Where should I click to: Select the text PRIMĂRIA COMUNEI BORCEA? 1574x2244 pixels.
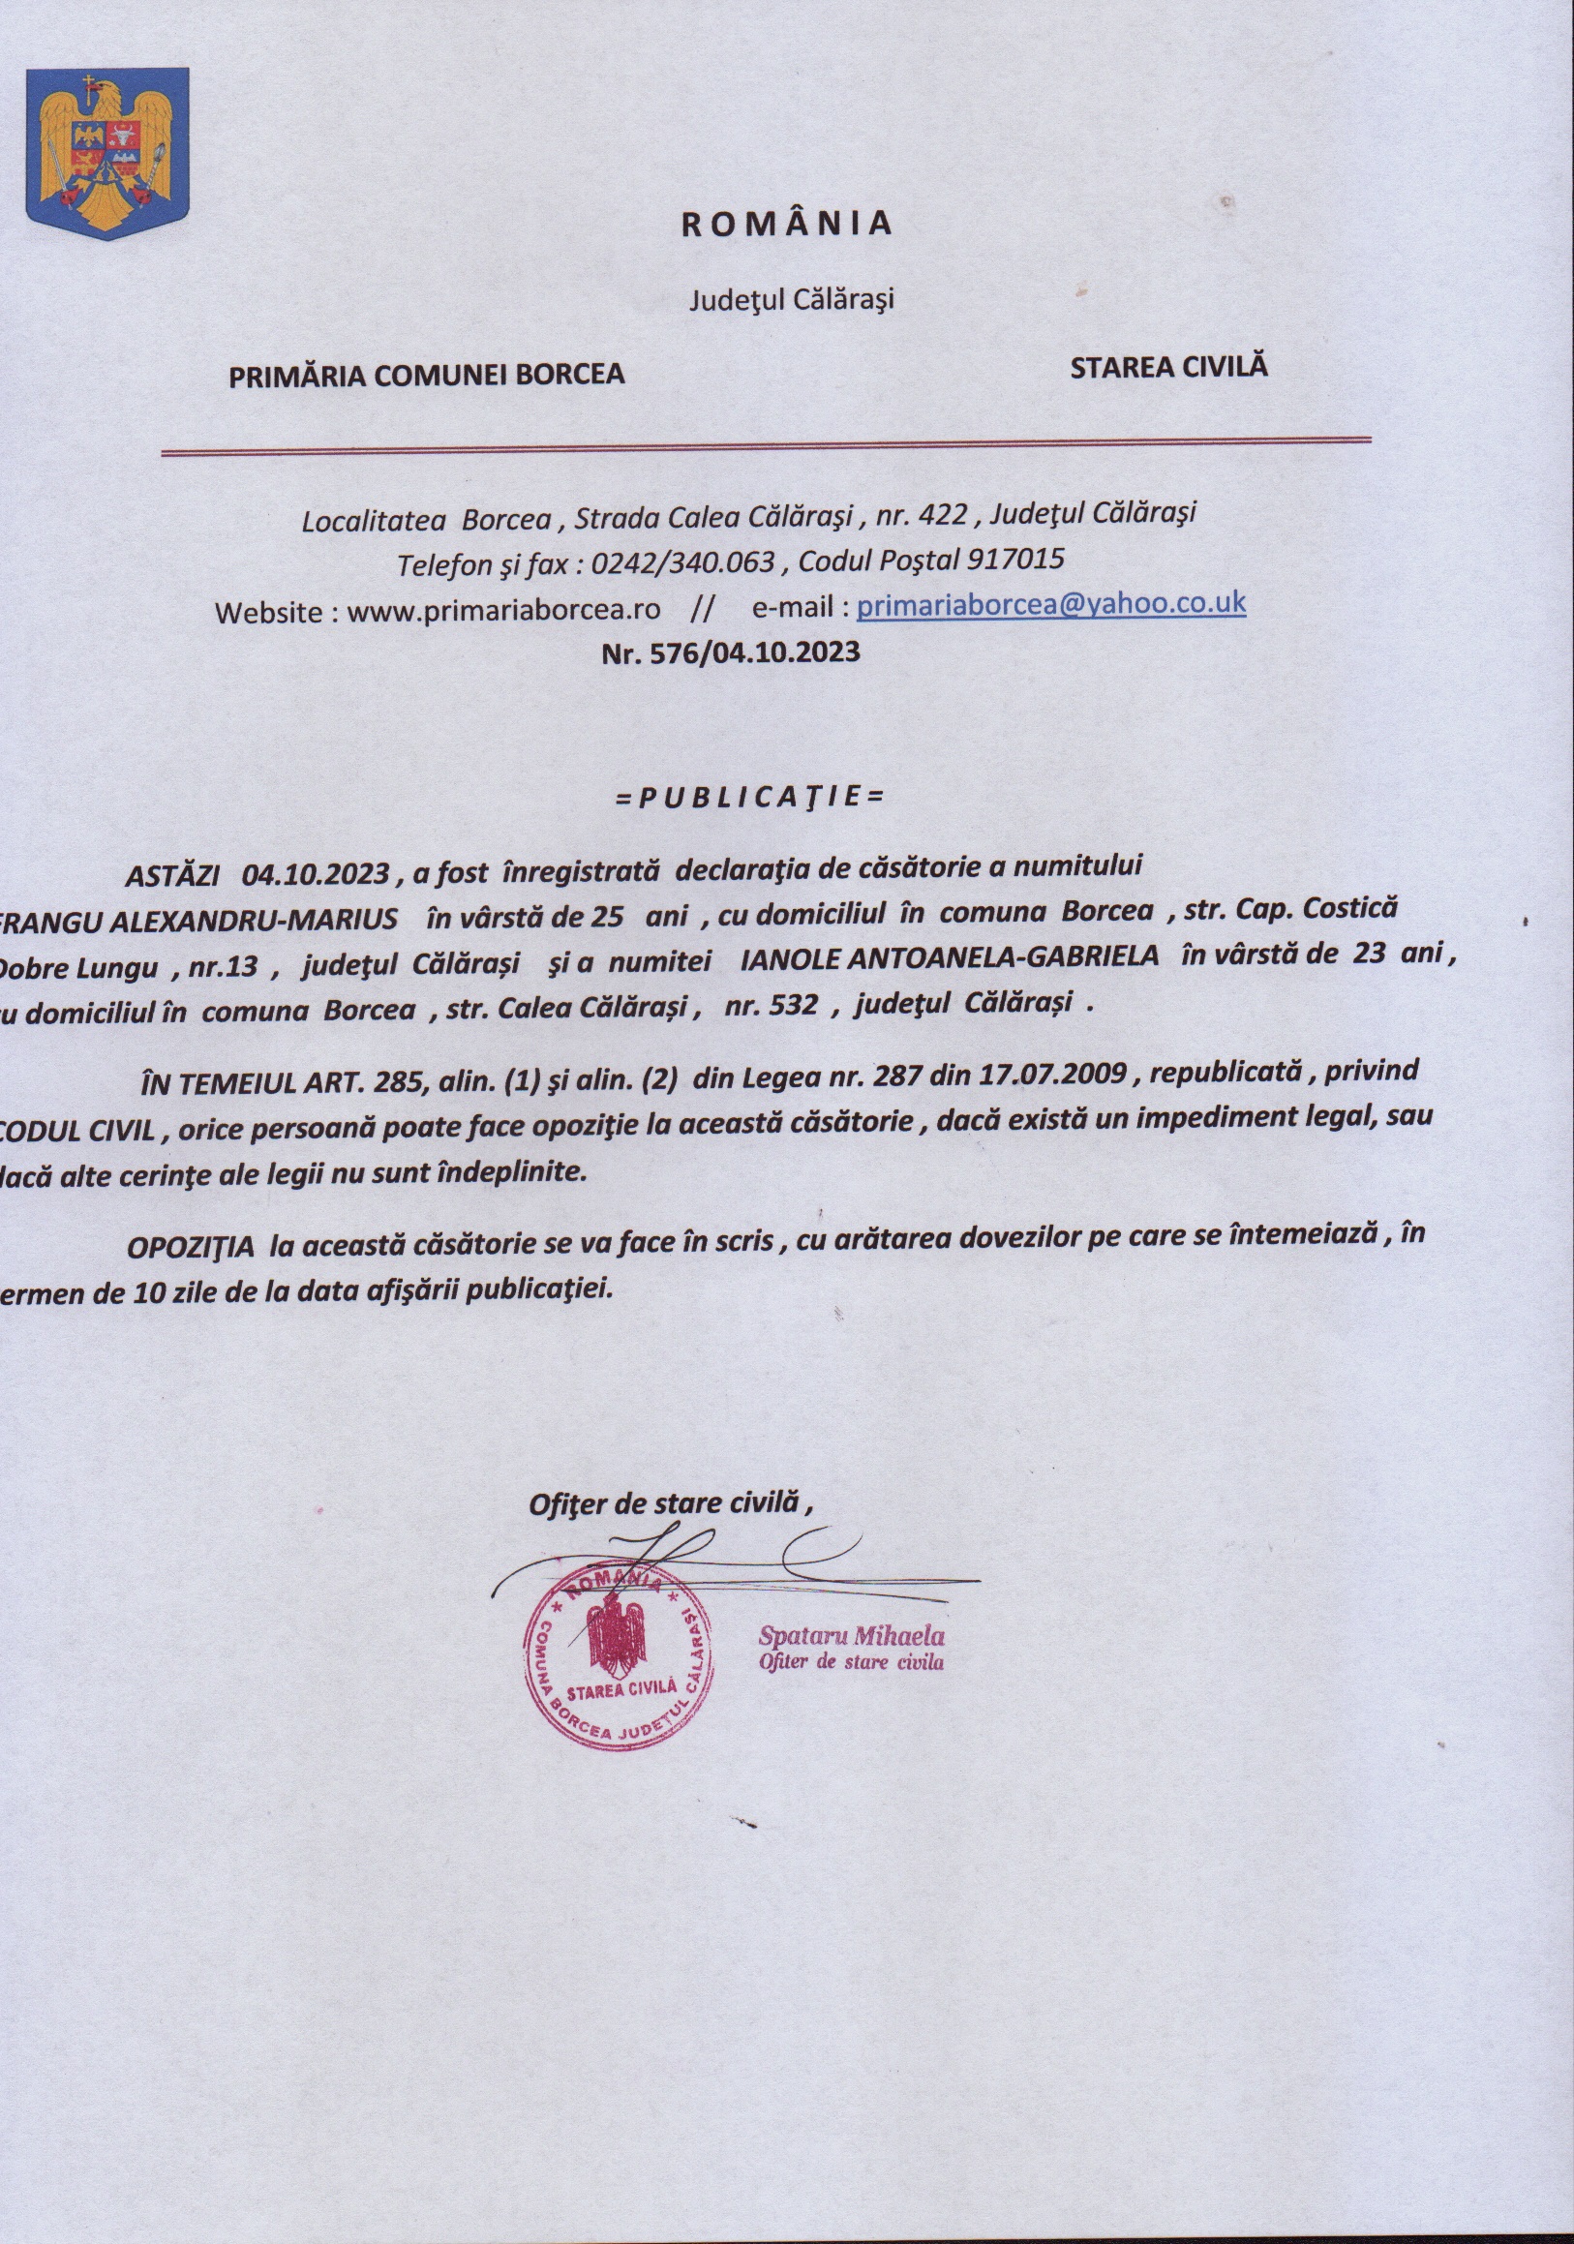[x=426, y=375]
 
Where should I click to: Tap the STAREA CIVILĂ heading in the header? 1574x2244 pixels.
[x=1168, y=367]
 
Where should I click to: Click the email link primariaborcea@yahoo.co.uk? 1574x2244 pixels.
[x=1050, y=604]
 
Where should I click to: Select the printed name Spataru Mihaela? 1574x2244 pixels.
[x=851, y=1635]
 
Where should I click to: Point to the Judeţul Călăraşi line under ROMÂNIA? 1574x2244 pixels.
[x=792, y=299]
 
